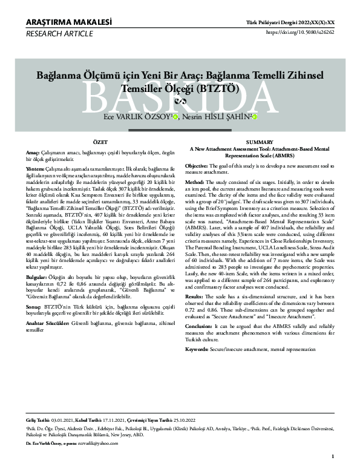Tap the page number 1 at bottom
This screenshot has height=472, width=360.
tap(333, 456)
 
